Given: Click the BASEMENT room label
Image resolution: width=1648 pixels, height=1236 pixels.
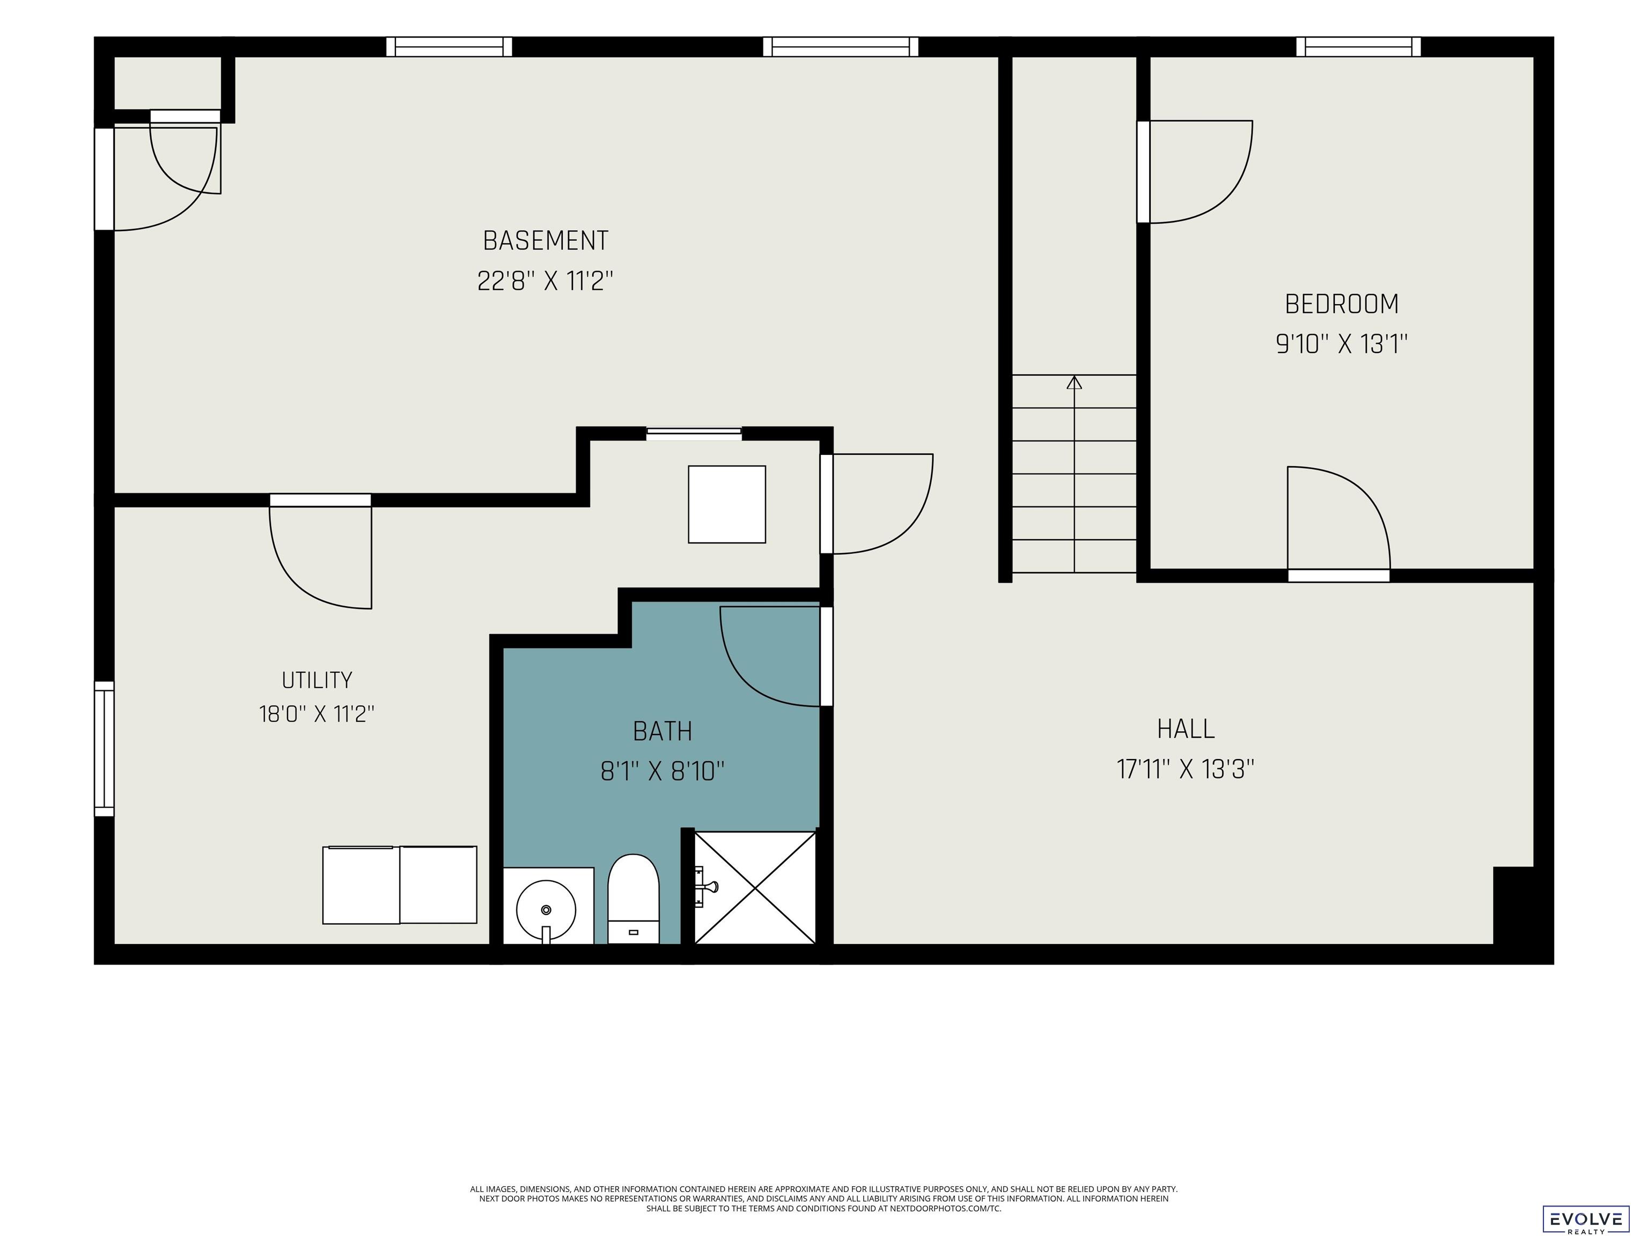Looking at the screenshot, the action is pos(546,241).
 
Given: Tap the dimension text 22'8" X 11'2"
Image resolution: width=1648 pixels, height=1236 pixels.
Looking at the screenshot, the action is pos(546,282).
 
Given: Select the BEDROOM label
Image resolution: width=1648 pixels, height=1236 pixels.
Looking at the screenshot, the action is pos(1342,304).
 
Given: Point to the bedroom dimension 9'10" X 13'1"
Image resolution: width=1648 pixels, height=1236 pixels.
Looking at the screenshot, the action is pos(1342,344).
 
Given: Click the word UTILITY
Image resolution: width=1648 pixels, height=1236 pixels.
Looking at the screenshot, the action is pos(317,680).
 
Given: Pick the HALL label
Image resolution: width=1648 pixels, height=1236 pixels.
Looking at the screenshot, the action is pos(1186,729).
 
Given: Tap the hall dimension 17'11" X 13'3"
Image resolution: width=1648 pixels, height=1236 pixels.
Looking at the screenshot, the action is pos(1186,769).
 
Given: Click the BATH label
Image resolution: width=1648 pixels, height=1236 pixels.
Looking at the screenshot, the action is pos(663,731).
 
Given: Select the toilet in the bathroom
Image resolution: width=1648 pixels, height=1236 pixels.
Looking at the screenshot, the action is pos(633,899).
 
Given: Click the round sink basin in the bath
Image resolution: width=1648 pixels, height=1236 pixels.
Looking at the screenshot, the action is pos(546,910).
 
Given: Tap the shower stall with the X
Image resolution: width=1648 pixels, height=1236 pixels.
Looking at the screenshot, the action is pos(755,888).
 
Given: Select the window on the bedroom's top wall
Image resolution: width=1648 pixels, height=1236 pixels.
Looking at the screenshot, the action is pos(1358,47).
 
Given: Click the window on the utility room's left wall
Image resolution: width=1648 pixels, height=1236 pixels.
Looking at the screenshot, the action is pos(104,749).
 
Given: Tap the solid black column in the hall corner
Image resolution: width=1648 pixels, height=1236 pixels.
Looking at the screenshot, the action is pos(1513,905).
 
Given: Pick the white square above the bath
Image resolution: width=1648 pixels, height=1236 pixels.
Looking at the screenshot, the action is pos(727,504).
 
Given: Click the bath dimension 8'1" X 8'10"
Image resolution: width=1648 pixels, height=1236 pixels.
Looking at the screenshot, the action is pos(663,771).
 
